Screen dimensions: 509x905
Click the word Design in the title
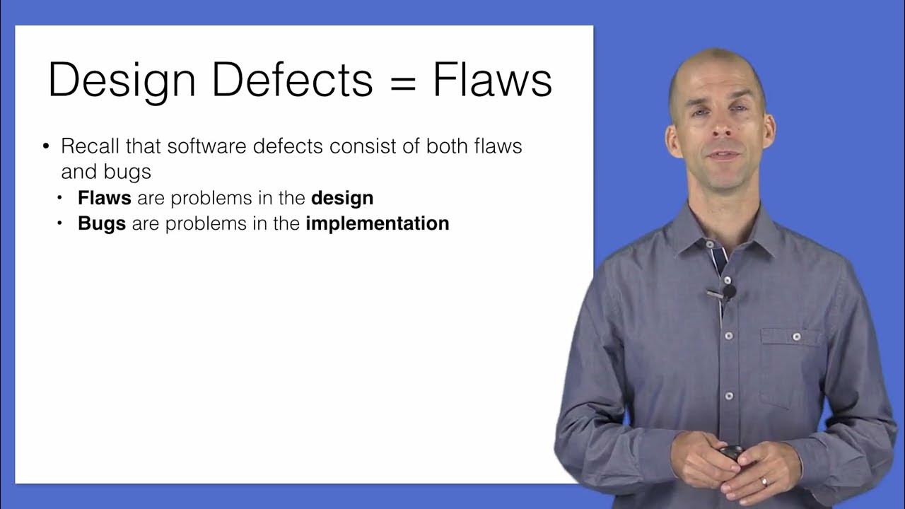122,80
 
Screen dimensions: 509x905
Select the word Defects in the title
292,80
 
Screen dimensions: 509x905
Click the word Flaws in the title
493,80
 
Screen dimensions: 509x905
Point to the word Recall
90,146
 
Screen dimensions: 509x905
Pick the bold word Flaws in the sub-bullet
105,198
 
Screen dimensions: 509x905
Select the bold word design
342,199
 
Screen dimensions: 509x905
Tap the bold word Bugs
102,223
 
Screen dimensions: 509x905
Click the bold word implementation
378,224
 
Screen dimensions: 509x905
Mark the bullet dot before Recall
47,147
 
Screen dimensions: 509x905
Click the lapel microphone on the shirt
728,291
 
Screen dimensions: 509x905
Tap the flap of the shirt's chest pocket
793,337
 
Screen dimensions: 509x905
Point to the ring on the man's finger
764,482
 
